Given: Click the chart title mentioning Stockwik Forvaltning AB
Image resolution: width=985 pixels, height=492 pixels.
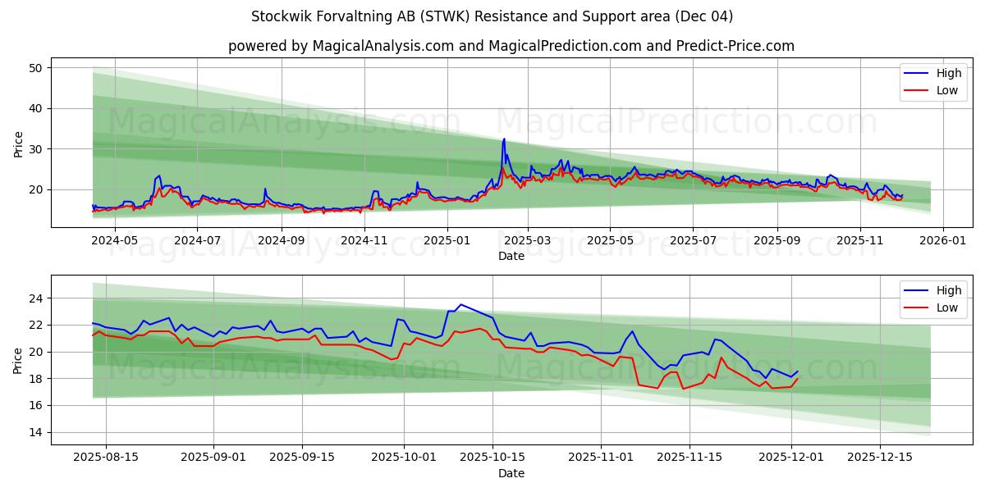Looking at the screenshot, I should point(492,16).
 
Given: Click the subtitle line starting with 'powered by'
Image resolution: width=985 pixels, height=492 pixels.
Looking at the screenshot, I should point(511,46).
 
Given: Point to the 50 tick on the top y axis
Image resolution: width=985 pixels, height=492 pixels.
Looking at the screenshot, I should point(35,68).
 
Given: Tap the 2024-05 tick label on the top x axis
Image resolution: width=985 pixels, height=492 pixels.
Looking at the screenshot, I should point(114,240).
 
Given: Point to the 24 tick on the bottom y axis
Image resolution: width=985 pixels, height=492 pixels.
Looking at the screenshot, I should point(35,298).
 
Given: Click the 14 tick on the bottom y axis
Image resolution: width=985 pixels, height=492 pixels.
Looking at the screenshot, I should point(35,432).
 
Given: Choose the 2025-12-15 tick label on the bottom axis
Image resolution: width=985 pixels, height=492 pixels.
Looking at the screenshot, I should point(879,458).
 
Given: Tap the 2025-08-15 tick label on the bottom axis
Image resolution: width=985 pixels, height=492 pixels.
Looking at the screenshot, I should point(106,458).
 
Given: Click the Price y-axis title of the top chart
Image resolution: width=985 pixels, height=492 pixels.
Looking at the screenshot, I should point(18,143).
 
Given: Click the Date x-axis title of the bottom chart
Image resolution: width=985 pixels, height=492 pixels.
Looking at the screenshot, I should point(511,473).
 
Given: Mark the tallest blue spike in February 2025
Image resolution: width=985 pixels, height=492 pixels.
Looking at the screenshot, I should point(504,139).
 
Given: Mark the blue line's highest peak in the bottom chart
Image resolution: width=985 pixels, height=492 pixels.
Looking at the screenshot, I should point(460,304).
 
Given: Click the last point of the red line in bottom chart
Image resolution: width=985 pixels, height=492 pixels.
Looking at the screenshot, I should point(797,378).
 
